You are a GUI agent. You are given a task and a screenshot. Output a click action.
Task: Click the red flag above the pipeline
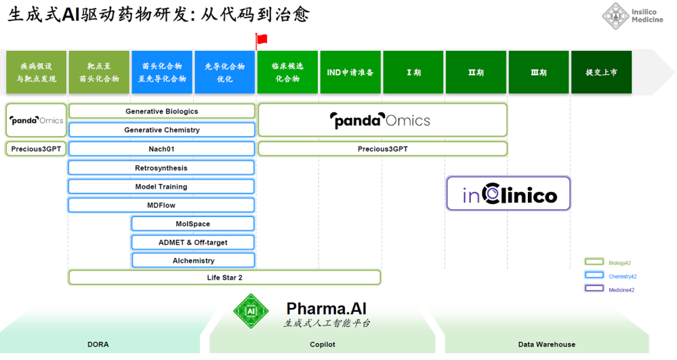click(261, 41)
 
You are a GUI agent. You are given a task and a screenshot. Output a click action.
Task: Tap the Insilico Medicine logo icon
click(615, 16)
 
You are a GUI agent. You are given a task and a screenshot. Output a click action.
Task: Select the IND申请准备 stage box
click(350, 72)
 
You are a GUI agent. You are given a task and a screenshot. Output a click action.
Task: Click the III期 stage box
click(538, 72)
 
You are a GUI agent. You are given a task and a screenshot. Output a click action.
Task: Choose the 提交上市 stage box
click(602, 72)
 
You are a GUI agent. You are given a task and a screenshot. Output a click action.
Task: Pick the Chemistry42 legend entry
click(611, 276)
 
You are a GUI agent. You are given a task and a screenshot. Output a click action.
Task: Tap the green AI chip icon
click(251, 311)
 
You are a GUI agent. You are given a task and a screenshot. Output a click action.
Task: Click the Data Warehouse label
click(547, 344)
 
